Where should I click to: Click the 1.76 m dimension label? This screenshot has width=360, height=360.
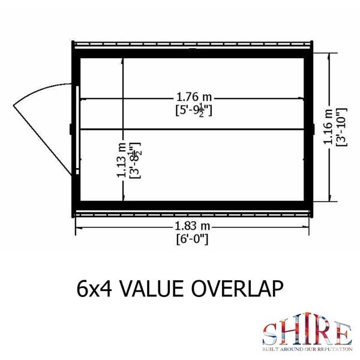(192, 96)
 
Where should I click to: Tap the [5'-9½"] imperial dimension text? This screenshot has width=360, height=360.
(192, 110)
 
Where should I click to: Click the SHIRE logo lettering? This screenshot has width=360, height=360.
(306, 332)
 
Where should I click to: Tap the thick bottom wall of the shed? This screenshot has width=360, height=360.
(192, 206)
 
